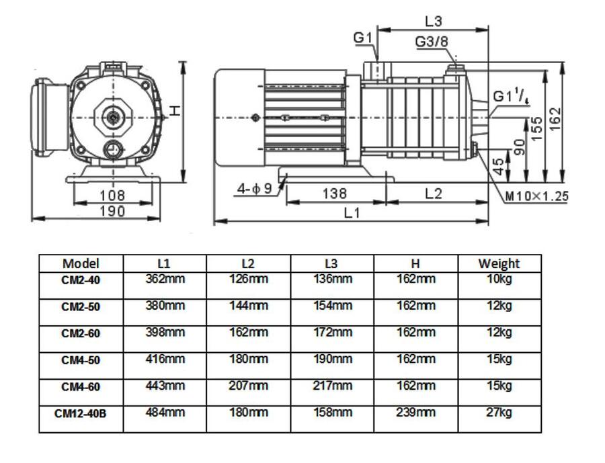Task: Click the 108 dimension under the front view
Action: pos(112,196)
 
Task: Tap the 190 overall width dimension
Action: pos(112,211)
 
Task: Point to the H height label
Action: pos(174,110)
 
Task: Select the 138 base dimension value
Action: pos(334,194)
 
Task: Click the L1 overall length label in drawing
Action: pos(352,212)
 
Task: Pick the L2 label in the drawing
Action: pos(434,194)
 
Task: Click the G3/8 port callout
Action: pos(431,42)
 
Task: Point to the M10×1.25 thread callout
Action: pos(536,196)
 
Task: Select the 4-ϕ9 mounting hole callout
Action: pos(254,189)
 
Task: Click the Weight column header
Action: pos(499,263)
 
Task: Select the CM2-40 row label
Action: pos(81,280)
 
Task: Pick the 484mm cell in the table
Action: pos(165,413)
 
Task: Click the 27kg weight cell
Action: pos(499,413)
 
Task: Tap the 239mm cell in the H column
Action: pos(415,413)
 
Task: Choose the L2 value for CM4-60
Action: pos(249,386)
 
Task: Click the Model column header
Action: pos(81,263)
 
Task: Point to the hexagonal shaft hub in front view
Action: pos(112,117)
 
